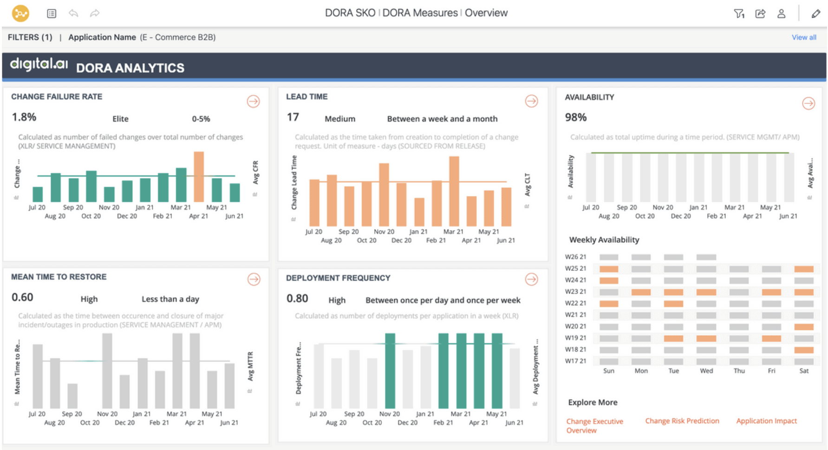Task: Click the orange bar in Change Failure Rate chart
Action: click(x=199, y=177)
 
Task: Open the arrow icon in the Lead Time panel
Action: click(x=531, y=101)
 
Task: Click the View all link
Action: click(x=803, y=38)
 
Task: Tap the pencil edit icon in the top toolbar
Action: click(x=815, y=14)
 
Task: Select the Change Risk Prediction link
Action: click(x=682, y=421)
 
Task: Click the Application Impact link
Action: click(x=766, y=421)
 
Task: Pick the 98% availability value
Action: click(x=575, y=117)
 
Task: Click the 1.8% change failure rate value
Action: click(x=24, y=117)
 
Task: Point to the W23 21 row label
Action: click(x=575, y=291)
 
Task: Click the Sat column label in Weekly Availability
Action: click(x=804, y=371)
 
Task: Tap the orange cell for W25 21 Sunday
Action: click(x=608, y=269)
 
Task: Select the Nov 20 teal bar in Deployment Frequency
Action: click(x=390, y=371)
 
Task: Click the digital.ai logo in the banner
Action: click(x=39, y=65)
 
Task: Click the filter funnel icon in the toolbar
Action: click(x=739, y=14)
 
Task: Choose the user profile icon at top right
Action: click(x=781, y=14)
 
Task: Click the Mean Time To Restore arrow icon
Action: click(x=254, y=279)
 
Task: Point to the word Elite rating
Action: click(x=120, y=119)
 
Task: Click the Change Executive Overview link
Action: click(x=594, y=425)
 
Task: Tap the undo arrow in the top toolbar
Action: click(x=73, y=13)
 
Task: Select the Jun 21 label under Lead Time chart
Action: click(x=506, y=240)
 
